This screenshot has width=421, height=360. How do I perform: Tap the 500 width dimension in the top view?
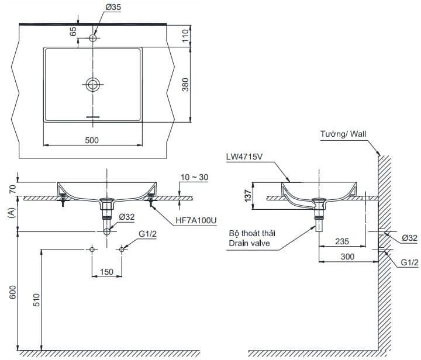pos(92,140)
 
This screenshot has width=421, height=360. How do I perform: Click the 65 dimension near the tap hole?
pos(73,31)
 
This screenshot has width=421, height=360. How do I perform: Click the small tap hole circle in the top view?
pos(92,38)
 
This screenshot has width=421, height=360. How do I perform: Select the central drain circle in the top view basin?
pos(92,84)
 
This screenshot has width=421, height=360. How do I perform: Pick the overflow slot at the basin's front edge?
pos(92,117)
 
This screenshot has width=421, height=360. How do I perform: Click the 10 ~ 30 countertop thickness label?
pos(195,176)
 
